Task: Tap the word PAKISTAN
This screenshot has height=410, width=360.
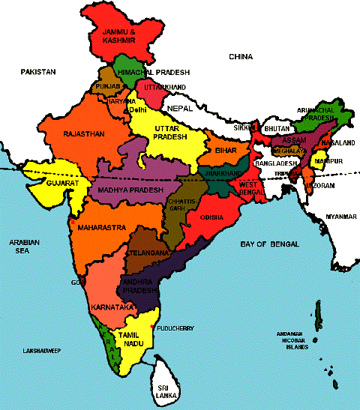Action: [39, 71]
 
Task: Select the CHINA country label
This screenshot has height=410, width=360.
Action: [241, 57]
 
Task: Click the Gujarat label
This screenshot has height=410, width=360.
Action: [43, 182]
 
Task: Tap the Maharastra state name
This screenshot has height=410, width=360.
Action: [94, 225]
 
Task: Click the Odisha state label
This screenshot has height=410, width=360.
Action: [214, 217]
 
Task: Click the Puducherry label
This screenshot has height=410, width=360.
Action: [178, 328]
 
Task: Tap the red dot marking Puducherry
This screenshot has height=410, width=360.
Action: [153, 328]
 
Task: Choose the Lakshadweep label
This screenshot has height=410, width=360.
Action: [41, 351]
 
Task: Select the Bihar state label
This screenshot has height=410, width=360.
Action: [226, 151]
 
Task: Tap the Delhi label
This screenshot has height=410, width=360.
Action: [138, 110]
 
